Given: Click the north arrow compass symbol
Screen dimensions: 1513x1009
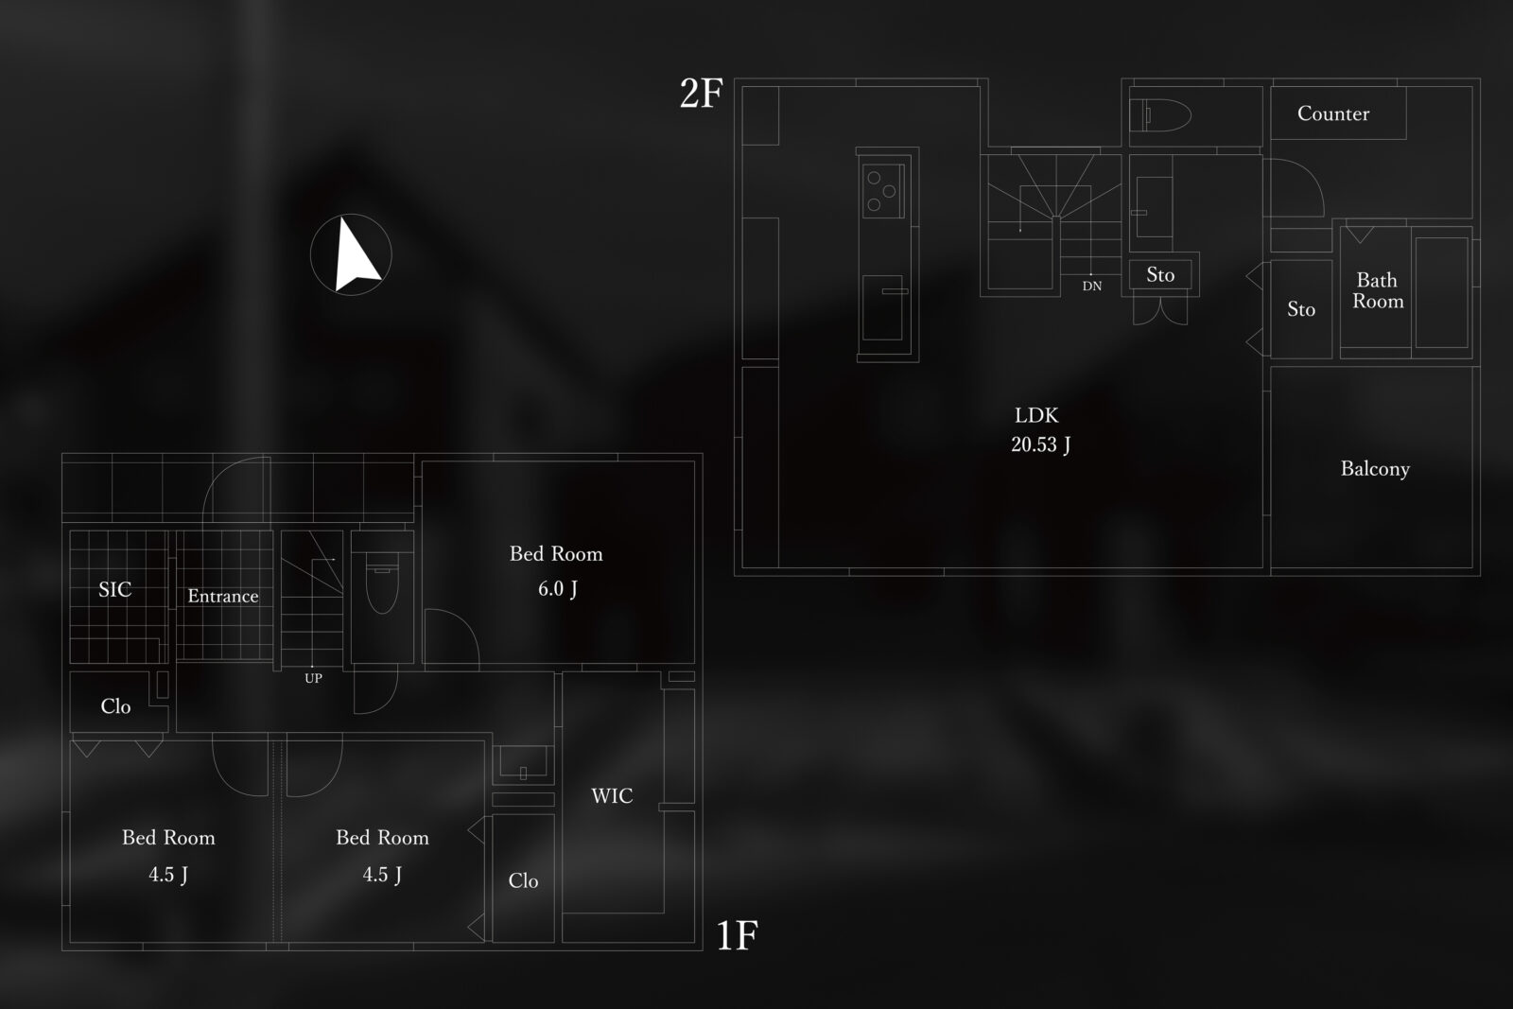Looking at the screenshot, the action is click(351, 254).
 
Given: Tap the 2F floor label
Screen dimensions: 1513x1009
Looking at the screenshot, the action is click(701, 94).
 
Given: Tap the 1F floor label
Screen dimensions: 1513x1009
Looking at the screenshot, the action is click(737, 935).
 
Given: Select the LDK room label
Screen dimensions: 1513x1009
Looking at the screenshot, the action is click(1036, 415).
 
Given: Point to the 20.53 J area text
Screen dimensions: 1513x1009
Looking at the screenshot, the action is click(1041, 444).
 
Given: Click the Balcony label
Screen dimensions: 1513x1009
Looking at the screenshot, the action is click(1375, 469).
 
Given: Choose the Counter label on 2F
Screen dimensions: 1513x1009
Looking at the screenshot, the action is click(1333, 113).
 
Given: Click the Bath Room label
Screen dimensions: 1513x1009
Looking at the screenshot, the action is click(1378, 290).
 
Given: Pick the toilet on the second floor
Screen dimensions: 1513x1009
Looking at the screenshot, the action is click(1161, 115).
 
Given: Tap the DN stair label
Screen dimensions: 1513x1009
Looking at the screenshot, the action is click(1092, 287).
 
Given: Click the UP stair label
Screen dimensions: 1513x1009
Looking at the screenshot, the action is click(313, 679).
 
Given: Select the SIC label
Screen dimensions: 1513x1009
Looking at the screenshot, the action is click(114, 589).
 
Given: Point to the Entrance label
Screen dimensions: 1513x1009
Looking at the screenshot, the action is click(223, 596).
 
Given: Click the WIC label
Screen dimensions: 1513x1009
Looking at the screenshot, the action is click(612, 795).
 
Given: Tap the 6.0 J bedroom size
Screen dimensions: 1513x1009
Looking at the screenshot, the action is click(557, 589).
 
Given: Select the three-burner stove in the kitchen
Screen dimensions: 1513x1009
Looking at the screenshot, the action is click(883, 191).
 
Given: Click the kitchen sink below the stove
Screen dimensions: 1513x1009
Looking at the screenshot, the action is click(882, 307).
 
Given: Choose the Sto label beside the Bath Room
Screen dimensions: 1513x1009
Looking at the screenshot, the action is click(1301, 309).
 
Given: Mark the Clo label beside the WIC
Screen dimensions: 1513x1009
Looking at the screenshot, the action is click(523, 880).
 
